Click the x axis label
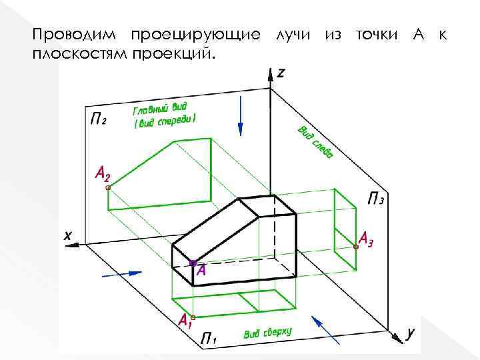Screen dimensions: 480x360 point(67,235)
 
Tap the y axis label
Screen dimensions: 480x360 point(411,331)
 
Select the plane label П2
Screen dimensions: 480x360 point(97,119)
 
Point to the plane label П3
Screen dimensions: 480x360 point(377,198)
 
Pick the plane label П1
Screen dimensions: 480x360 point(209,339)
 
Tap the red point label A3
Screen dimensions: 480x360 point(367,238)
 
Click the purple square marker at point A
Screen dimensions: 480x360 point(193,264)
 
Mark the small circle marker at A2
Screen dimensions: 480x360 point(108,188)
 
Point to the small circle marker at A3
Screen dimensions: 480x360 point(356,247)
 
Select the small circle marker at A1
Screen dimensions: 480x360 point(193,317)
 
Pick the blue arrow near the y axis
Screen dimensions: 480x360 point(326,329)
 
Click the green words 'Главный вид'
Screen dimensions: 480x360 point(161,108)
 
